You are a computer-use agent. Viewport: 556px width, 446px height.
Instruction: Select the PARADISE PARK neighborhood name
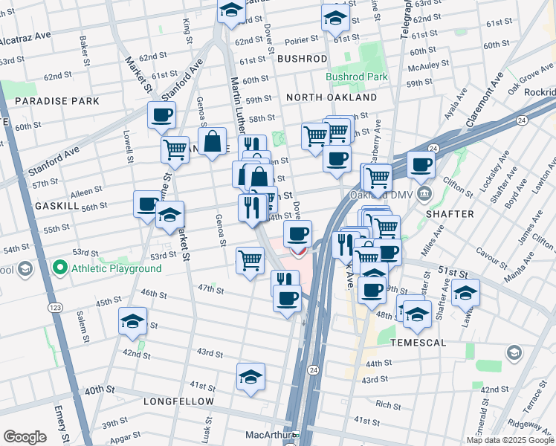pos(46,100)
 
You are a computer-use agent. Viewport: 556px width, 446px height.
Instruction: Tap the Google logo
pos(25,436)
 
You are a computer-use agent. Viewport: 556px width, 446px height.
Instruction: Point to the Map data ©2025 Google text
pos(509,439)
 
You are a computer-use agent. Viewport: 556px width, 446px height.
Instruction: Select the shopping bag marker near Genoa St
pos(213,141)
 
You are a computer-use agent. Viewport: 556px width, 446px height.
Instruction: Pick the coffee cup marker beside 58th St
pos(162,116)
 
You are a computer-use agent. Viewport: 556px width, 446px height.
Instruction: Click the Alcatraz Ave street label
pos(25,37)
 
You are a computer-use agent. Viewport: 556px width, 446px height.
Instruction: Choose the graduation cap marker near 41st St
pos(251,377)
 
